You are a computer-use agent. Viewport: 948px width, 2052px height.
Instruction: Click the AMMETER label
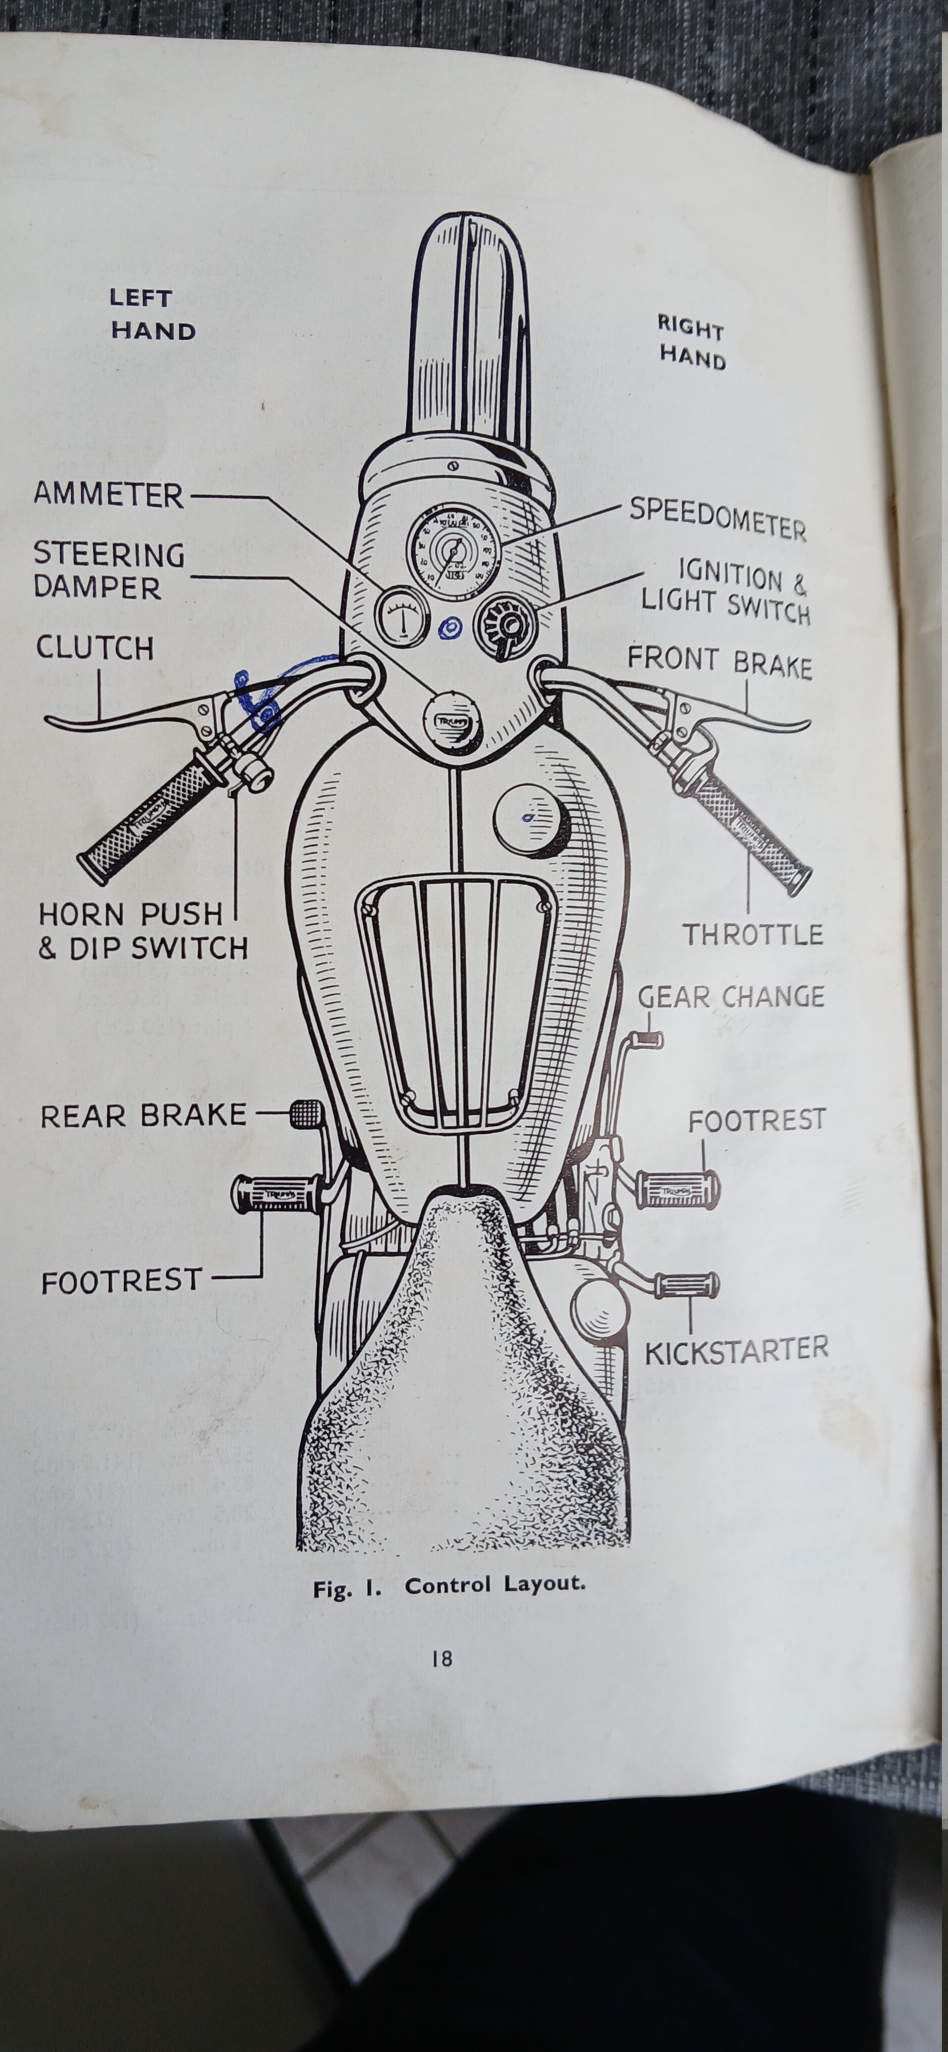pos(108,495)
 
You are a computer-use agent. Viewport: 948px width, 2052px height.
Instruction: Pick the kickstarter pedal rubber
pos(687,1284)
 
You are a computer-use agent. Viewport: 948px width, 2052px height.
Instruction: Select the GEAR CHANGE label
pos(731,996)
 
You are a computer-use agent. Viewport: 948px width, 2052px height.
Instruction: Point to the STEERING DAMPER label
pos(108,570)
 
